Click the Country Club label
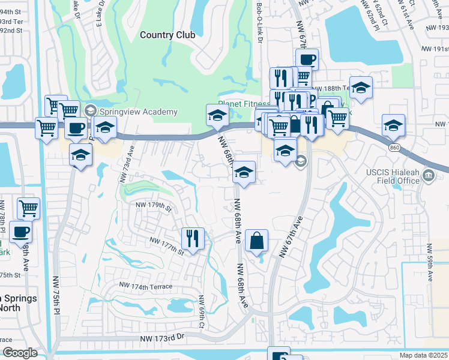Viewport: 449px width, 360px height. [x=167, y=35]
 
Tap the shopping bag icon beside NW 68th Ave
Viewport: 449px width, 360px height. [x=256, y=241]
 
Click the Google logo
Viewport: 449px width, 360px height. [x=20, y=353]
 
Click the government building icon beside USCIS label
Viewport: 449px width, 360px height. [x=429, y=176]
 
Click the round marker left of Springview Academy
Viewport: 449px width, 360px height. [x=91, y=110]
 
